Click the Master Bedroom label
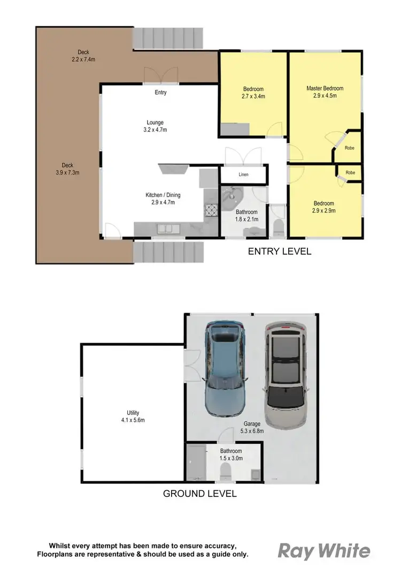(325, 92)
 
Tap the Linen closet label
(243, 175)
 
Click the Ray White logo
(324, 550)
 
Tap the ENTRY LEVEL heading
(279, 251)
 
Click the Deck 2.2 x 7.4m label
(83, 56)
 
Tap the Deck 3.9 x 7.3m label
(67, 169)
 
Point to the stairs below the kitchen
(168, 252)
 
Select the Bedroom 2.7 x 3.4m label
(254, 93)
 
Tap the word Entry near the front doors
(160, 93)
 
